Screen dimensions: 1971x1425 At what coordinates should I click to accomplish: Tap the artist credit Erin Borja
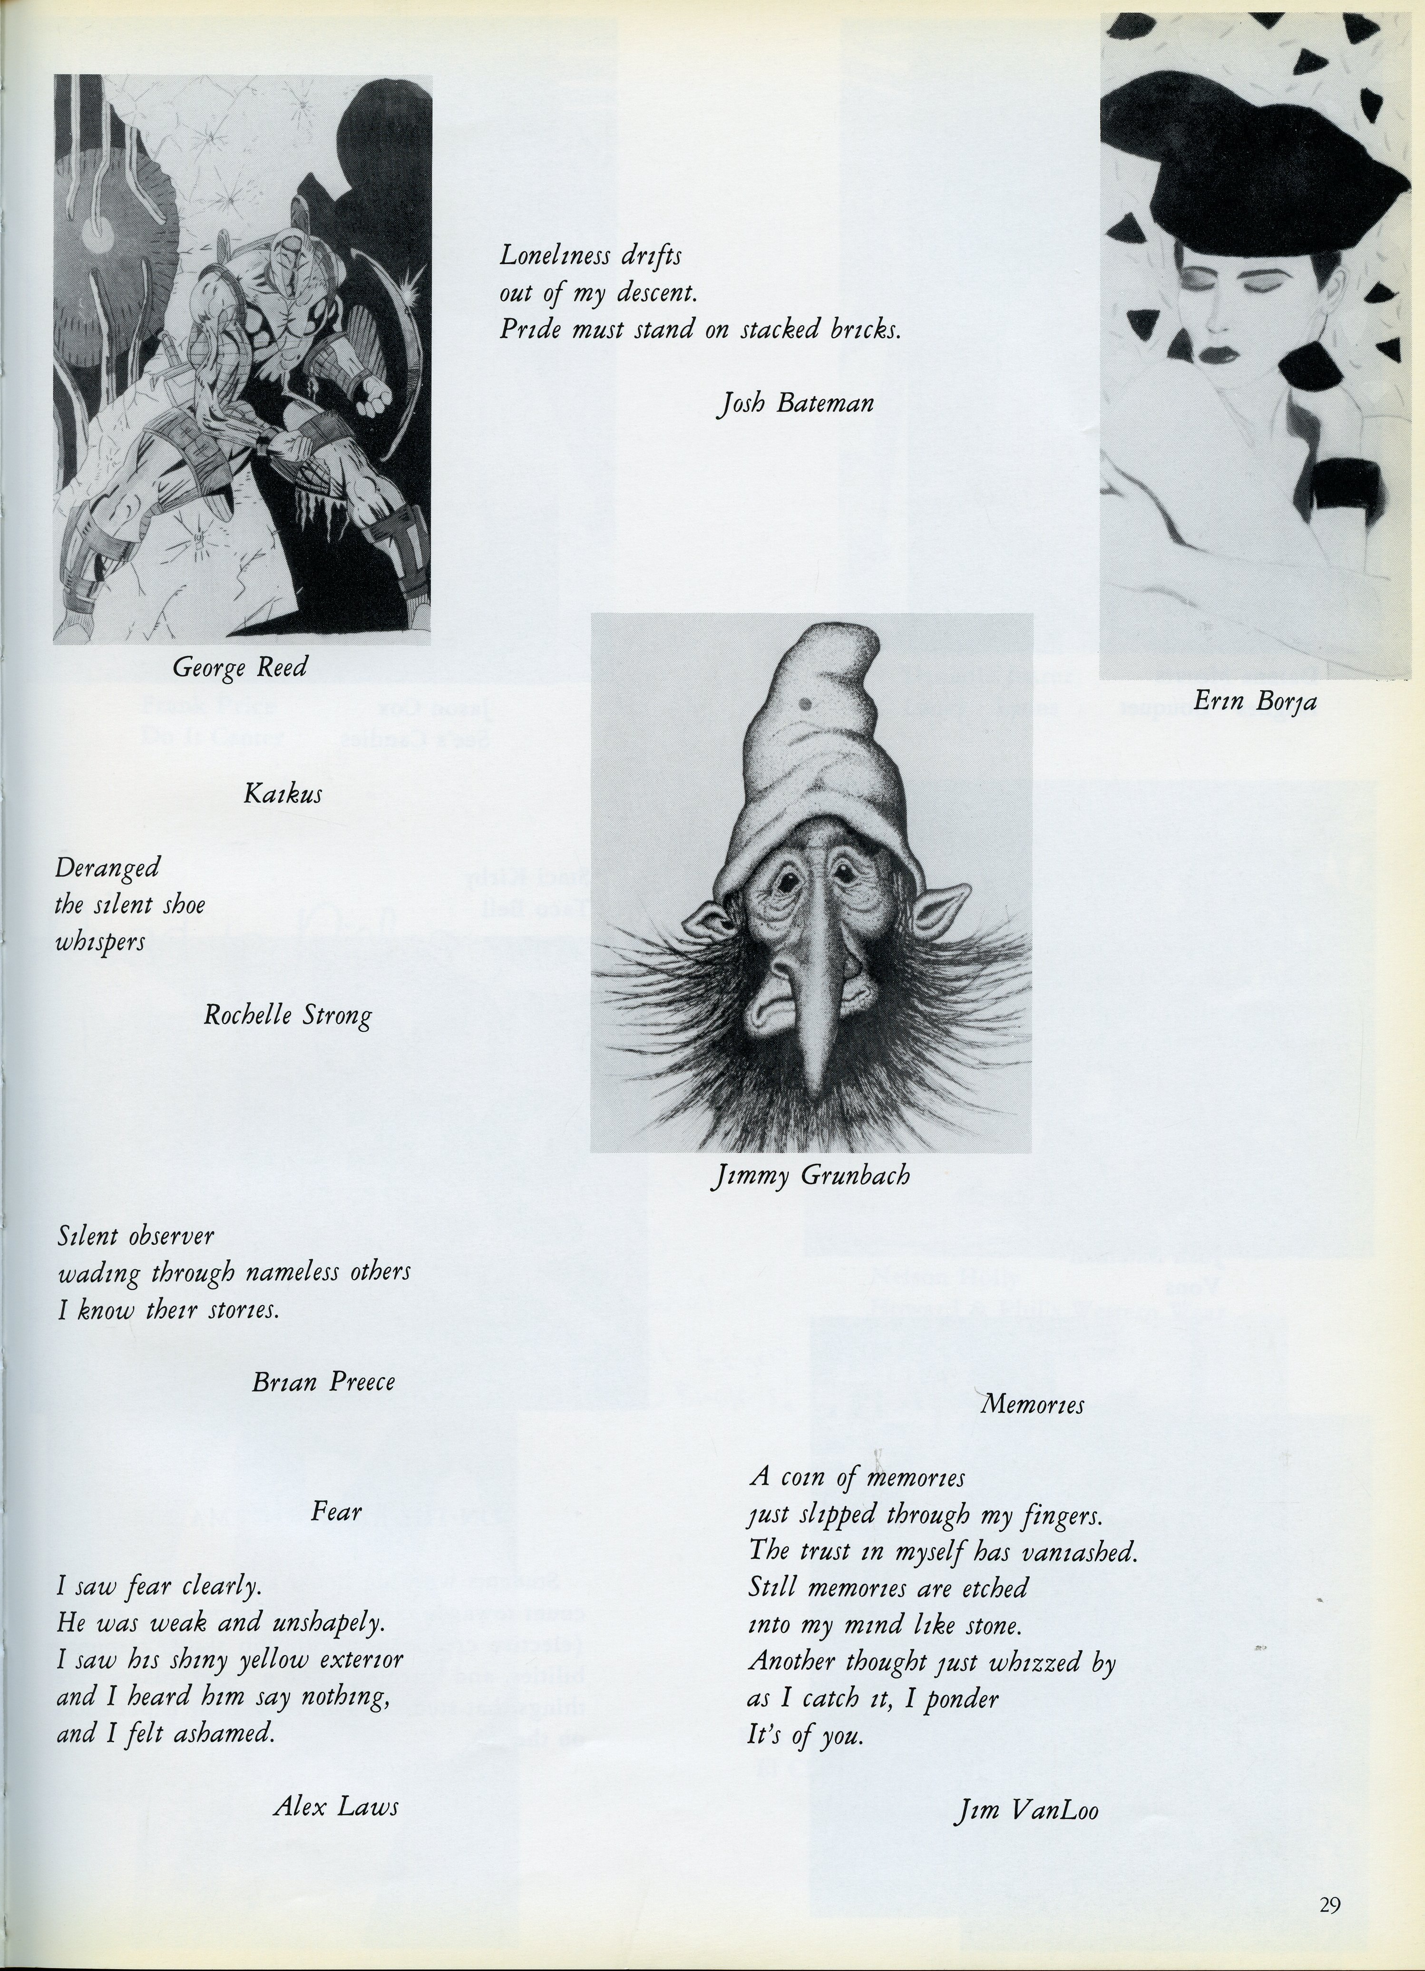[1255, 702]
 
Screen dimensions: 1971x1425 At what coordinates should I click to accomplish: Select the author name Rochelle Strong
[288, 1015]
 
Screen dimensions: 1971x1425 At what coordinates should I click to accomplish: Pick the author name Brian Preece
[323, 1382]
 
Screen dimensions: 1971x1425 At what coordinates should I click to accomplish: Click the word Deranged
[108, 868]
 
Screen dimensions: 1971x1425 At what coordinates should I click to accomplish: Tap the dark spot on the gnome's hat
[805, 704]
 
